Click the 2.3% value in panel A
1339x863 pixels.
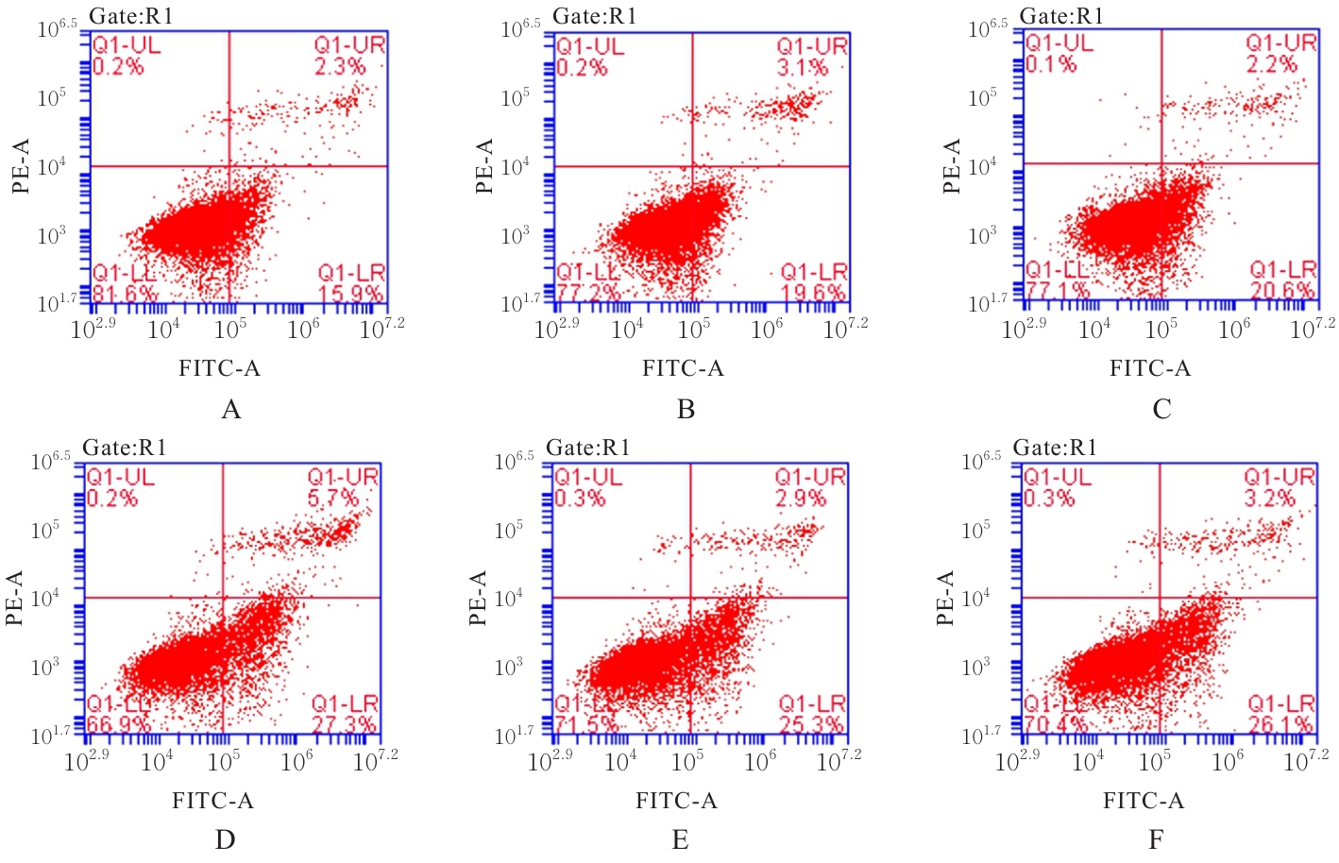[x=340, y=67]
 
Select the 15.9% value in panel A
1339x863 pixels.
[x=350, y=294]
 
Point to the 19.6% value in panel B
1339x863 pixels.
[x=813, y=294]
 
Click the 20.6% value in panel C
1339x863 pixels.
[x=1282, y=291]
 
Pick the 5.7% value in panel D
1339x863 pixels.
[x=333, y=499]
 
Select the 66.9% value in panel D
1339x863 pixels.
[x=120, y=725]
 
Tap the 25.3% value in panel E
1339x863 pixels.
[x=811, y=725]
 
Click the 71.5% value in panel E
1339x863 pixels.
[x=586, y=725]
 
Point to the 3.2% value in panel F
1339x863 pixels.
[x=1270, y=499]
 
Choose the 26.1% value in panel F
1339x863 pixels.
[x=1280, y=725]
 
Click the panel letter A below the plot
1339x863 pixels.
[x=230, y=409]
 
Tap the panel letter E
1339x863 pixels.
[x=680, y=839]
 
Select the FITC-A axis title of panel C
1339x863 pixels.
[x=1150, y=368]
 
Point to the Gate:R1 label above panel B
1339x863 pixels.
[x=595, y=16]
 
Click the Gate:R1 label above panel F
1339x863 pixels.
[x=1055, y=448]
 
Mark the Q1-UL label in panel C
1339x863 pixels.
[x=1059, y=43]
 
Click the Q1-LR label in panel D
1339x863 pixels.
[x=345, y=704]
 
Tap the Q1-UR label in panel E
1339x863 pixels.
[x=810, y=478]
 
